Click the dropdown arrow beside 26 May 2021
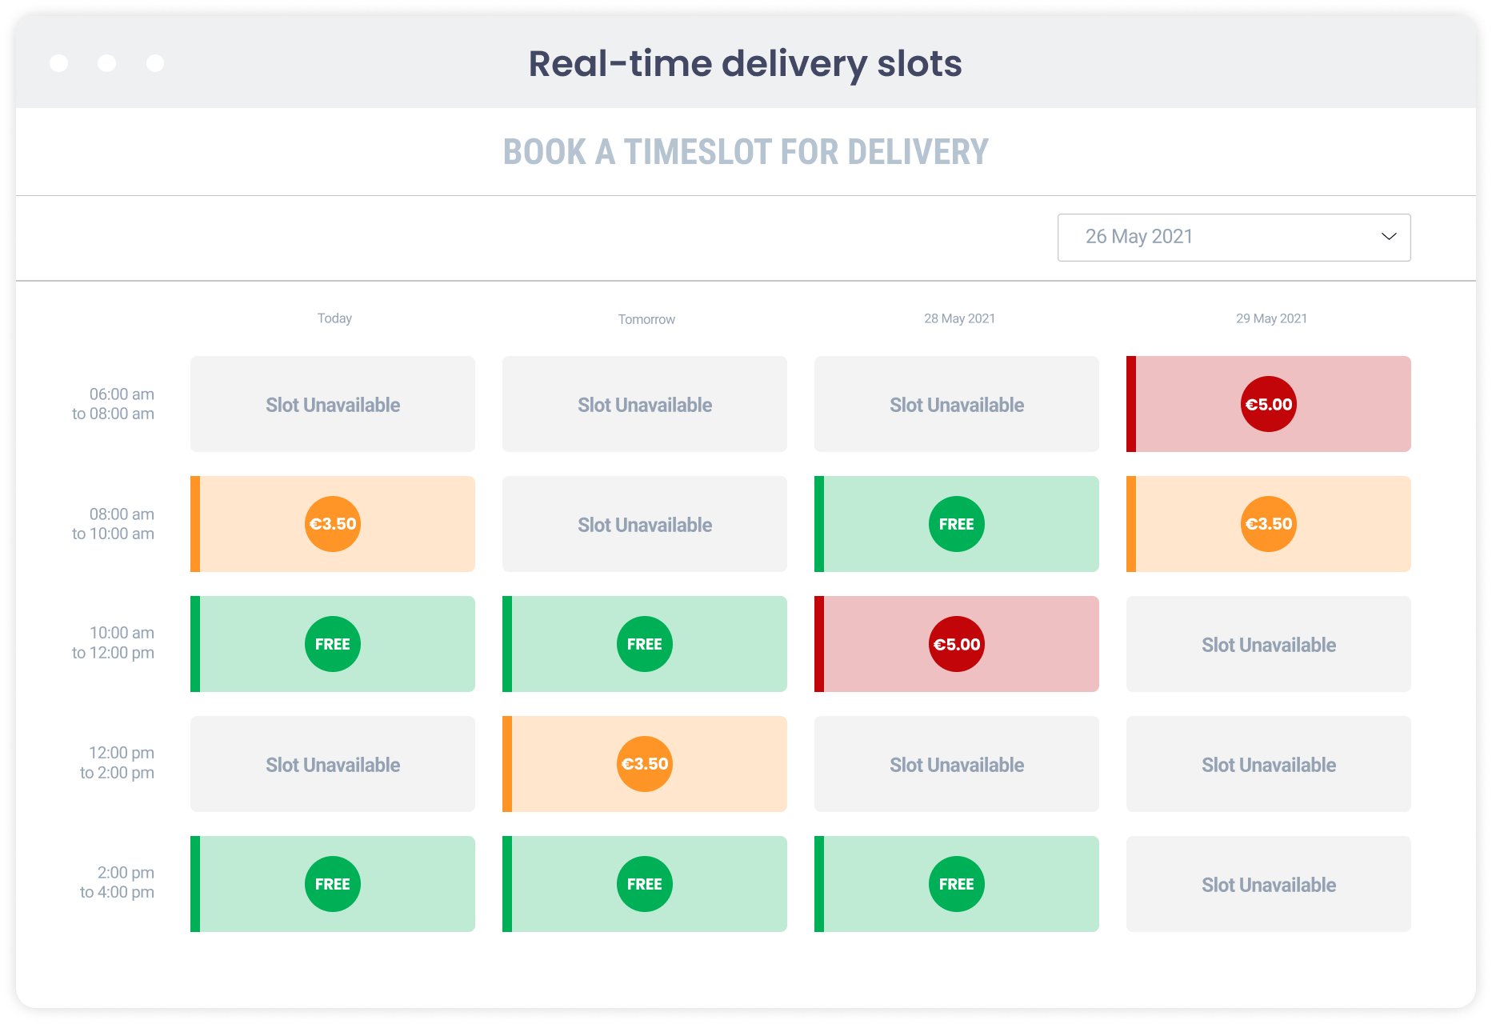tap(1389, 237)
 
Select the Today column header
tap(334, 318)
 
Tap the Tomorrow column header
tap(646, 319)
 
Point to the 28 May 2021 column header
tap(959, 318)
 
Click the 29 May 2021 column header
tap(1271, 318)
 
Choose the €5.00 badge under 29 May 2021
tap(1269, 404)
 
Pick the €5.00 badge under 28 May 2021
tap(957, 644)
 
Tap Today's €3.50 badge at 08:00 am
tap(333, 524)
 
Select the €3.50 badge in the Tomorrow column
tap(645, 764)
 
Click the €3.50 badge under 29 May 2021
tap(1269, 524)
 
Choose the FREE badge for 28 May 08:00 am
tap(957, 524)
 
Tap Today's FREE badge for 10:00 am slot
tap(333, 644)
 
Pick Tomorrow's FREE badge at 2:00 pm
tap(645, 884)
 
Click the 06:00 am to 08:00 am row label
tap(114, 404)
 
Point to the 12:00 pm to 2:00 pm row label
tap(117, 762)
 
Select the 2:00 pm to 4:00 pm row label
tap(117, 882)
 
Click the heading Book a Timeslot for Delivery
tap(746, 152)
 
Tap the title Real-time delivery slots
tap(746, 64)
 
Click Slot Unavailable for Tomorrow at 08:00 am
tap(645, 525)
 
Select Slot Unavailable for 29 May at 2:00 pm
tap(1269, 885)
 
